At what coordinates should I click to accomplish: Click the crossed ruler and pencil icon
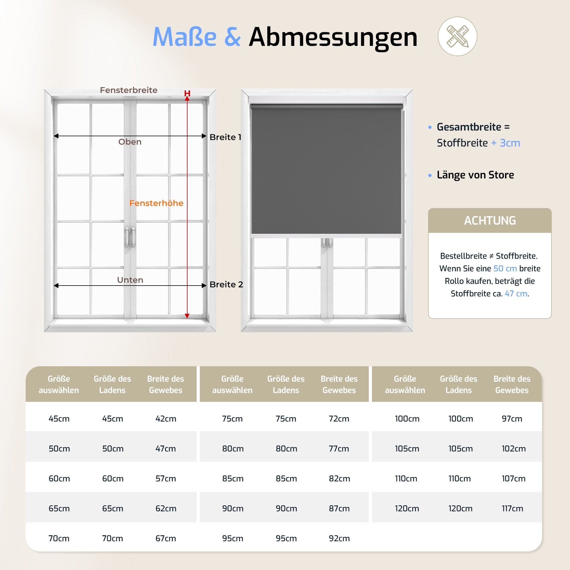[x=457, y=36]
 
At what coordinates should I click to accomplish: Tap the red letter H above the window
[x=187, y=93]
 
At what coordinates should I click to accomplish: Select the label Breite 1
[x=225, y=137]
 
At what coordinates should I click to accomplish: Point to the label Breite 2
[x=226, y=284]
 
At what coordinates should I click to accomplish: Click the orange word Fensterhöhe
[x=156, y=203]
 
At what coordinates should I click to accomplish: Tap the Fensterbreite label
[x=129, y=90]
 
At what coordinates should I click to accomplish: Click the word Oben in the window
[x=130, y=142]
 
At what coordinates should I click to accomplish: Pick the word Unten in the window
[x=130, y=280]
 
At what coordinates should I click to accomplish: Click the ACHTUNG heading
[x=490, y=221]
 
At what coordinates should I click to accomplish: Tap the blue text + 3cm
[x=505, y=143]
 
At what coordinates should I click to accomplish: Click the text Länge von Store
[x=475, y=175]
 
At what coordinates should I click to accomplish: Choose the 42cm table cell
[x=166, y=419]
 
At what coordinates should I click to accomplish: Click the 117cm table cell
[x=512, y=508]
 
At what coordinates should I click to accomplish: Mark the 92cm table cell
[x=339, y=538]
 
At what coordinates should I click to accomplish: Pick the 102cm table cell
[x=513, y=449]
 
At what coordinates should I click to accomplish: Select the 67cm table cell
[x=166, y=538]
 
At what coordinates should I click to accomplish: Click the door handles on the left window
[x=130, y=237]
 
